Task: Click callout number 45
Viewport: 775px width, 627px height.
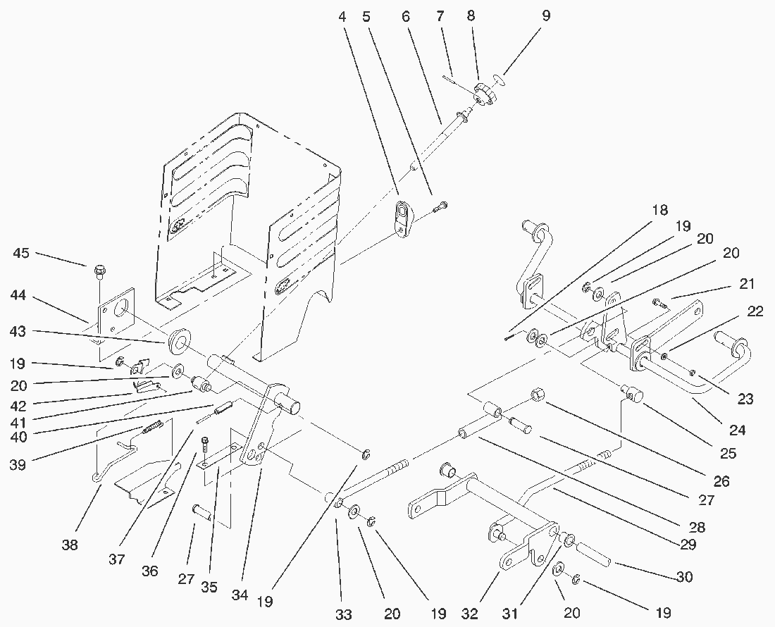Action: click(22, 253)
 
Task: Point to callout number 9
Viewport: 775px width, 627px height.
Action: click(545, 15)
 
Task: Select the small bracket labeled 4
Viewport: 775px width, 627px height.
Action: click(404, 220)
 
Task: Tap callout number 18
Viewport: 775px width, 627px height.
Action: click(659, 210)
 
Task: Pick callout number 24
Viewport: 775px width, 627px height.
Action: click(737, 429)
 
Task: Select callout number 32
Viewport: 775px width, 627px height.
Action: click(471, 613)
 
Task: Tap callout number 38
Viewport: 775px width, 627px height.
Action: click(70, 544)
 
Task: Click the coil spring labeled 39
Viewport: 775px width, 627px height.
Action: click(154, 426)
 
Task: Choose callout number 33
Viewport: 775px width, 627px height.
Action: click(343, 614)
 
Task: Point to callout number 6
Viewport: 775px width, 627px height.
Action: click(406, 15)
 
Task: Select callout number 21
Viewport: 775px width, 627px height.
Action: click(747, 284)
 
